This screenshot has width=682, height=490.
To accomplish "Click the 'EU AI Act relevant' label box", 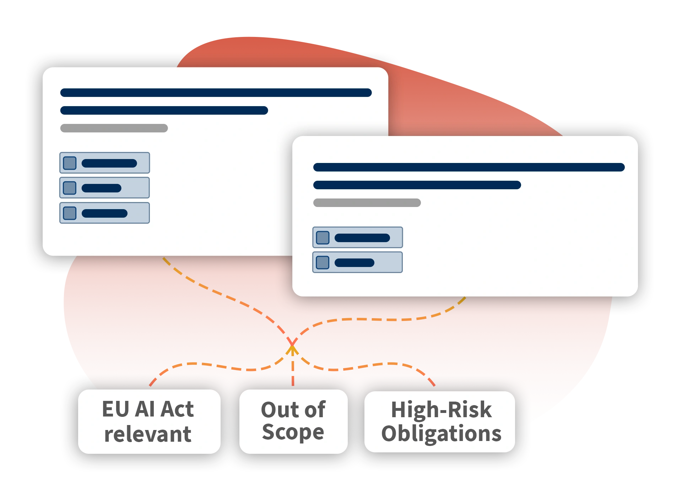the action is pyautogui.click(x=149, y=421).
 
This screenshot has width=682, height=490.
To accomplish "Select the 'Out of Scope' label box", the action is pyautogui.click(x=293, y=421).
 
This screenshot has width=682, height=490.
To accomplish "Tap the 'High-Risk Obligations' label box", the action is pyautogui.click(x=440, y=422).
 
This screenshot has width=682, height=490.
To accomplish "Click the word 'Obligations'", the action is pyautogui.click(x=441, y=434).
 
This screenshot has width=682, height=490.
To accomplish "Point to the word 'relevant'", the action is pyautogui.click(x=148, y=434).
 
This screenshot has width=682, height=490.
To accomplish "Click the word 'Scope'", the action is pyautogui.click(x=293, y=432).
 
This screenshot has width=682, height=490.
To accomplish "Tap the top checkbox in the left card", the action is pyautogui.click(x=70, y=163).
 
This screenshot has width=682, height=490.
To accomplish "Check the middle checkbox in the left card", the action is pyautogui.click(x=70, y=188).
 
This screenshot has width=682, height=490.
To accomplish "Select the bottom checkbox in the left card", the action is pyautogui.click(x=70, y=213).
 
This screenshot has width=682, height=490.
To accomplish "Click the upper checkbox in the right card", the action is pyautogui.click(x=323, y=238).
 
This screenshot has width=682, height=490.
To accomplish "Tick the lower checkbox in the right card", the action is pyautogui.click(x=323, y=262).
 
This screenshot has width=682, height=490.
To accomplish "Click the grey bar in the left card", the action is pyautogui.click(x=114, y=128).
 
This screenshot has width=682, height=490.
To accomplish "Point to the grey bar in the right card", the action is pyautogui.click(x=367, y=203).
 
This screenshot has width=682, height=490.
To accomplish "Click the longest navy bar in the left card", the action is pyautogui.click(x=216, y=93).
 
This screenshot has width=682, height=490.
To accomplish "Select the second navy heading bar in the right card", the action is pyautogui.click(x=417, y=185).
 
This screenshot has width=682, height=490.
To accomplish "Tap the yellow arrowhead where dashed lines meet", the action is pyautogui.click(x=292, y=350).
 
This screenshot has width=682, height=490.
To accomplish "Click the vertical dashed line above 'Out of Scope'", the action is pyautogui.click(x=293, y=369).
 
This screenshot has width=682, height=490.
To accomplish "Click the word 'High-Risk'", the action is pyautogui.click(x=441, y=409).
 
